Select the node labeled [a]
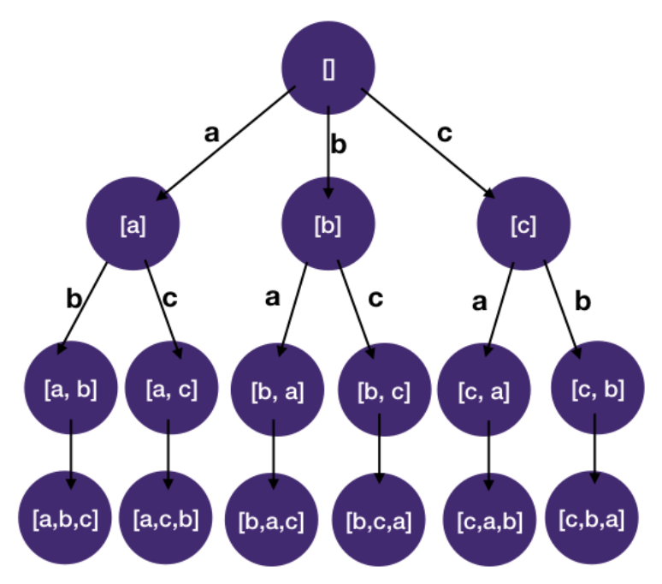click(133, 226)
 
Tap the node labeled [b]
click(329, 226)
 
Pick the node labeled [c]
click(523, 226)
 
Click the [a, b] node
click(71, 390)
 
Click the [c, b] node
click(596, 390)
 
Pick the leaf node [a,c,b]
click(168, 517)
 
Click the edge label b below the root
click(340, 145)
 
